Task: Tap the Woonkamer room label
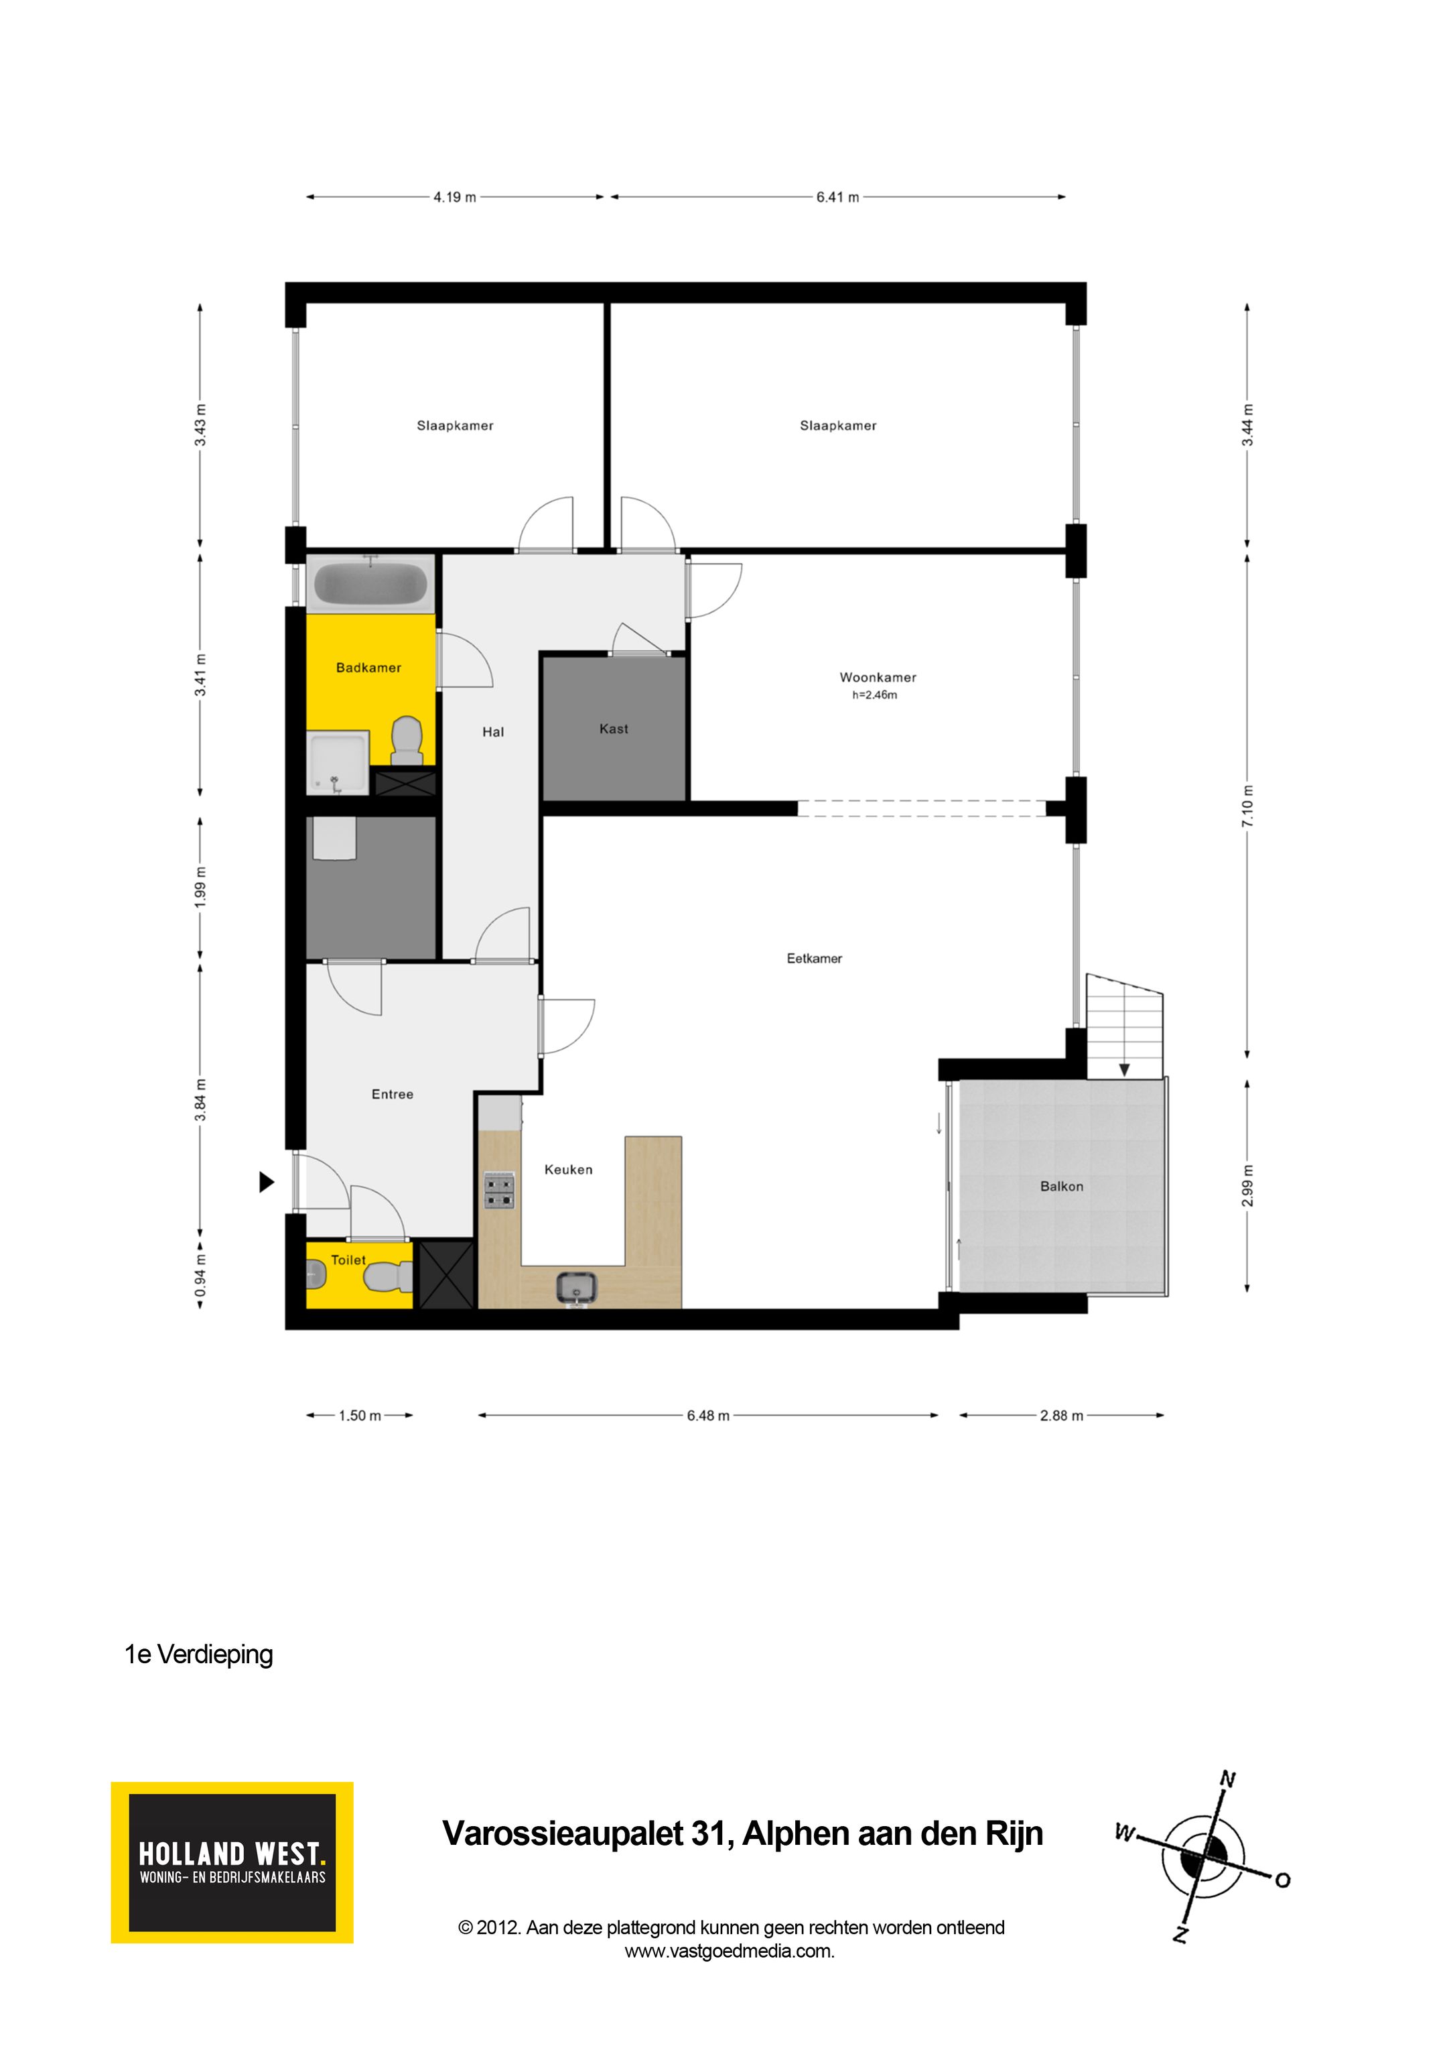(878, 677)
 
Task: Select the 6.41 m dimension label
(837, 197)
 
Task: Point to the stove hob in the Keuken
(499, 1191)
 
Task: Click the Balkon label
(1061, 1187)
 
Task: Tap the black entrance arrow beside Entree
(266, 1182)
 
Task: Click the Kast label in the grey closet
(614, 729)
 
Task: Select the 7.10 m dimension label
(1247, 806)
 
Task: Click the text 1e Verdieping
(199, 1654)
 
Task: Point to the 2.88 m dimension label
(1061, 1416)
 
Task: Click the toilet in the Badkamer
(407, 740)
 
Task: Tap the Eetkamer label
(814, 958)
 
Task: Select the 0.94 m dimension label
(200, 1276)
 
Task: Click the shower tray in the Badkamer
(338, 763)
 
